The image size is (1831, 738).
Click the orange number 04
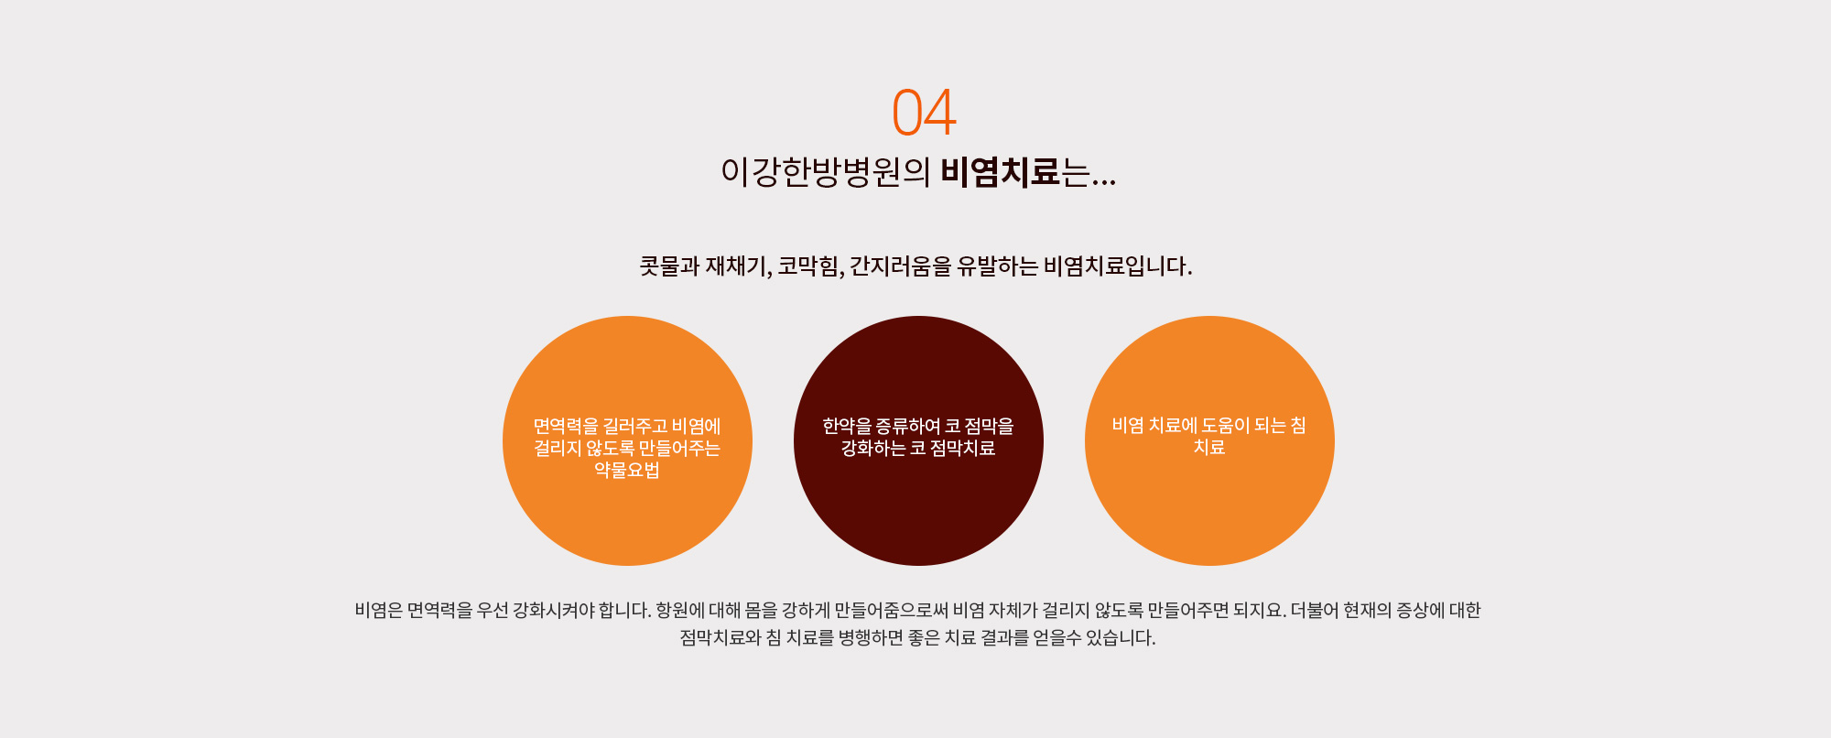coord(925,113)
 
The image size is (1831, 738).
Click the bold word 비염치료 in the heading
coord(1000,171)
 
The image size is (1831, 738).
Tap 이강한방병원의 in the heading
coord(825,171)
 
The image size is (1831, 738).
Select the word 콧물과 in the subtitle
coord(669,266)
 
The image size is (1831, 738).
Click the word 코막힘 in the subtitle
coord(808,266)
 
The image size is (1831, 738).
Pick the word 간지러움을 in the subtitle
coord(900,266)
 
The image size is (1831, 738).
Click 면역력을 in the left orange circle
coord(566,426)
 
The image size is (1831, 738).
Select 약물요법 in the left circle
coord(627,470)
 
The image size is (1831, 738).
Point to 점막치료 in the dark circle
coord(962,448)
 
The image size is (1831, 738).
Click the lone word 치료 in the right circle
coord(1209,447)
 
